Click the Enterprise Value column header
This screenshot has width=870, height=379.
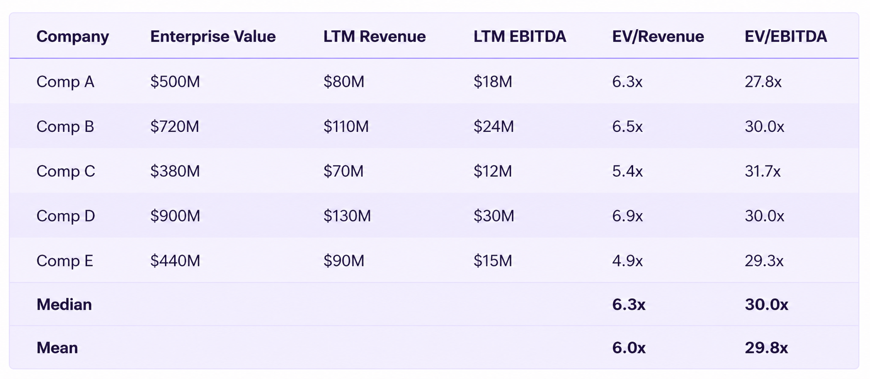click(x=213, y=37)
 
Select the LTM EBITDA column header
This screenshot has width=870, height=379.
click(x=520, y=37)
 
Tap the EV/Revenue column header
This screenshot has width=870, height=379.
click(x=658, y=37)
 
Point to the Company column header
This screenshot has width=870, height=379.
click(x=73, y=37)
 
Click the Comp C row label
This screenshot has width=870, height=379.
click(x=66, y=171)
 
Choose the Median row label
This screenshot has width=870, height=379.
click(x=64, y=305)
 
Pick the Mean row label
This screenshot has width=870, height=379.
click(x=57, y=348)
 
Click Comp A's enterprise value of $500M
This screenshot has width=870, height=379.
click(x=175, y=81)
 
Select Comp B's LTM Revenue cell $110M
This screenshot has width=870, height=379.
click(x=346, y=126)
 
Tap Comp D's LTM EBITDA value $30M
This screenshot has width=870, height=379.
click(x=494, y=216)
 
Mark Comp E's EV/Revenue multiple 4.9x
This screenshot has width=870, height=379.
click(x=627, y=261)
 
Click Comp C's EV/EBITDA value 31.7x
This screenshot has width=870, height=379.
click(x=762, y=171)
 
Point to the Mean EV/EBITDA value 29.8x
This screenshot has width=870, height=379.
click(x=766, y=348)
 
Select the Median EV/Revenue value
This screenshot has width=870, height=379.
click(x=629, y=305)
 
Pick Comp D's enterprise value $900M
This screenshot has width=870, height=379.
click(x=175, y=216)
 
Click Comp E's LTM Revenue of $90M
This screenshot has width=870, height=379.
click(x=344, y=260)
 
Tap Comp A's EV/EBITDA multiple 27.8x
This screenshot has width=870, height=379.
click(x=763, y=82)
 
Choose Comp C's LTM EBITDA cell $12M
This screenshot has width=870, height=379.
click(x=492, y=171)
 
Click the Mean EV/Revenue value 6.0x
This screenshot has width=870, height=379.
click(x=629, y=348)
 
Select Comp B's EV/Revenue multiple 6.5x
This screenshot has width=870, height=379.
click(x=627, y=127)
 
